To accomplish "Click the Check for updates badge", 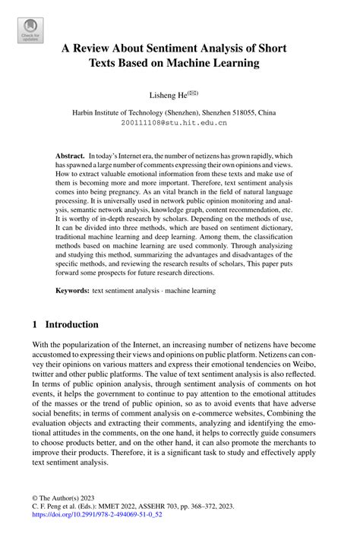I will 30,30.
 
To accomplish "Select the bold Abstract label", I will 71,153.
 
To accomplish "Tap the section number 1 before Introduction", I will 34,324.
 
